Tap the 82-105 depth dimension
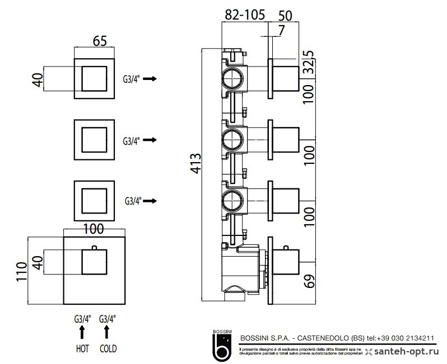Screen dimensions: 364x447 coord(245,16)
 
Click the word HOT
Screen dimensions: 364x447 coord(82,348)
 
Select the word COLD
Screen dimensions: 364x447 coord(108,348)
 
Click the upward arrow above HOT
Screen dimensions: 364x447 coord(82,332)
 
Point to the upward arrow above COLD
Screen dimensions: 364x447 coord(108,332)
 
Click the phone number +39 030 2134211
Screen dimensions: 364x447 coord(406,338)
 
